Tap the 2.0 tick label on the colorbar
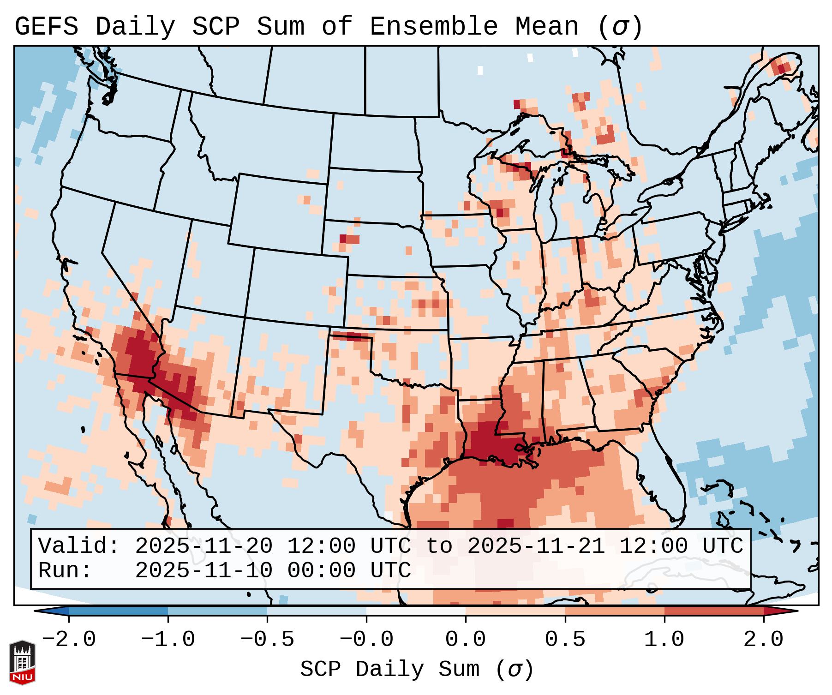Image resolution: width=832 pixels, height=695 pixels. pos(763,640)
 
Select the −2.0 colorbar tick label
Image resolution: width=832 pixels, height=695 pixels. pos(68,640)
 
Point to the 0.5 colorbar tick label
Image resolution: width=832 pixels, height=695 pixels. pos(565,640)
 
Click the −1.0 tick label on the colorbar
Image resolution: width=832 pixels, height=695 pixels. pos(168,640)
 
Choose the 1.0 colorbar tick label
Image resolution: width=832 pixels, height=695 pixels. pos(664,640)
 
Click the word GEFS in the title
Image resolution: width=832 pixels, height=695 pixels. pos(47,27)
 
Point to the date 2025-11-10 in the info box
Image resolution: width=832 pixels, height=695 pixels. pos(204,570)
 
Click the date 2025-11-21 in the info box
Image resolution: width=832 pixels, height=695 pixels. pos(536,546)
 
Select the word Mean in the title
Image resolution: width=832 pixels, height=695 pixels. pos(547,27)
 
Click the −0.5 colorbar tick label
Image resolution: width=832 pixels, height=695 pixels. pos(267,640)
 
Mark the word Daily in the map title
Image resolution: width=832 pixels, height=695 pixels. pos(135,27)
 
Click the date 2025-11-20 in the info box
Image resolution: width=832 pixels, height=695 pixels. pos(204,546)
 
